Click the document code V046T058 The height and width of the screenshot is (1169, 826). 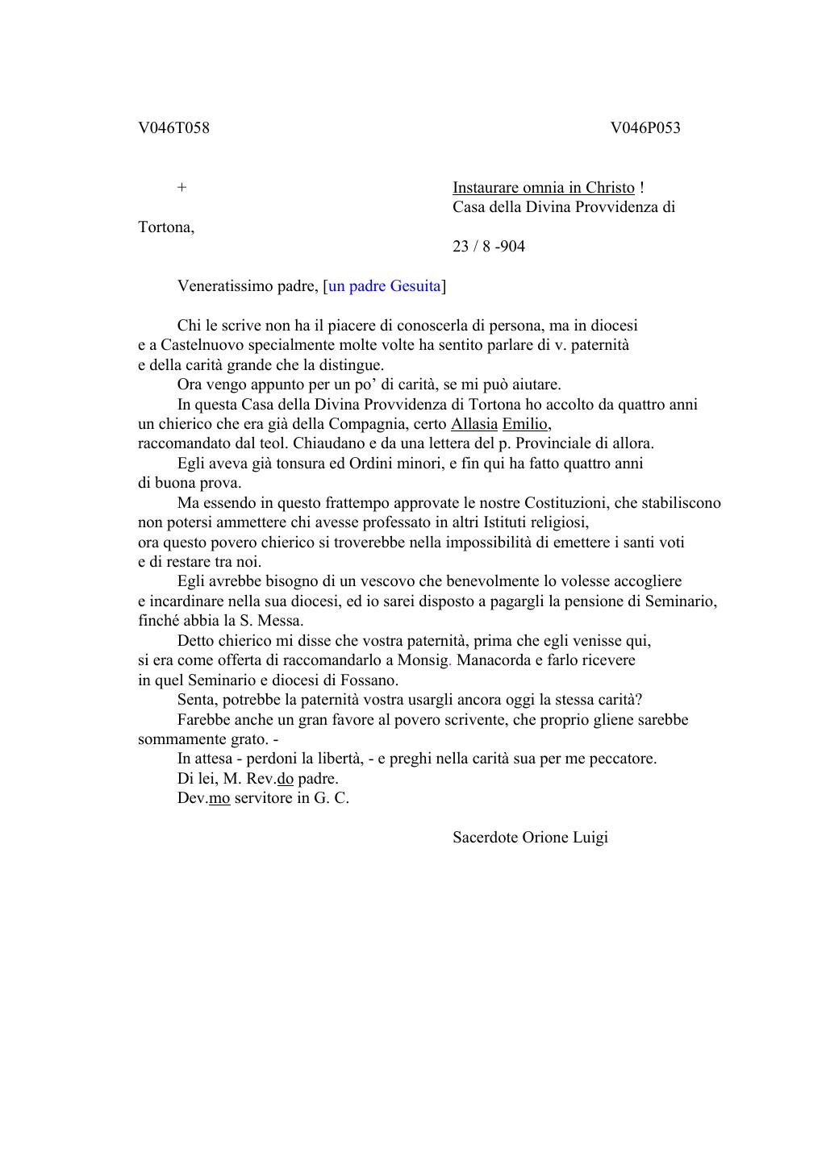coord(173,127)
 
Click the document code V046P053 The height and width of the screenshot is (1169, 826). coord(645,127)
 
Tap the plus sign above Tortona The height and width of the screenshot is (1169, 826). coord(182,188)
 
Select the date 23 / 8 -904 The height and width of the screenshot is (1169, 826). coord(488,247)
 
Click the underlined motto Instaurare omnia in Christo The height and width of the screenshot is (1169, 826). coord(543,188)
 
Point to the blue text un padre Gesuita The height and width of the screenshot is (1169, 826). coord(385,286)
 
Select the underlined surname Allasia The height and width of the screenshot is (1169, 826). coord(473,424)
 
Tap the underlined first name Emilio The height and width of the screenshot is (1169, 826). coord(524,424)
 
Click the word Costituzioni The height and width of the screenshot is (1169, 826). coord(566,503)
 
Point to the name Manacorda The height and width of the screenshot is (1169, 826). coord(494,660)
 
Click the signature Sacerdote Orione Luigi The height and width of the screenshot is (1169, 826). coord(530,837)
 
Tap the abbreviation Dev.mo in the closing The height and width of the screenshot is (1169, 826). coord(203,798)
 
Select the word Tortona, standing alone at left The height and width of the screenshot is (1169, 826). coord(166,227)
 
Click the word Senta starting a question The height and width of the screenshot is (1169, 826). coord(197,700)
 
